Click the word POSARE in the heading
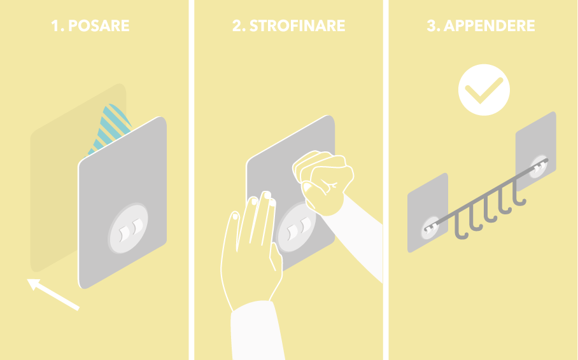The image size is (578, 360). (x=99, y=25)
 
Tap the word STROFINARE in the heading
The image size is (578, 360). (x=297, y=25)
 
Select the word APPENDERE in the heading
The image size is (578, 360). (x=489, y=25)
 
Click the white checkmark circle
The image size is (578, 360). (x=484, y=90)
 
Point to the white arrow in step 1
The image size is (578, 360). (x=53, y=294)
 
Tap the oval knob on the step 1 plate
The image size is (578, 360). (x=128, y=228)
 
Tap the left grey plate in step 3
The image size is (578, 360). (x=428, y=213)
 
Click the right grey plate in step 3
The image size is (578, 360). (x=535, y=151)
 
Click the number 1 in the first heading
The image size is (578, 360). (x=55, y=25)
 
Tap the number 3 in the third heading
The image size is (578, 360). (x=432, y=25)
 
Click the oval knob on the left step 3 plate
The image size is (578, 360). (x=430, y=228)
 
